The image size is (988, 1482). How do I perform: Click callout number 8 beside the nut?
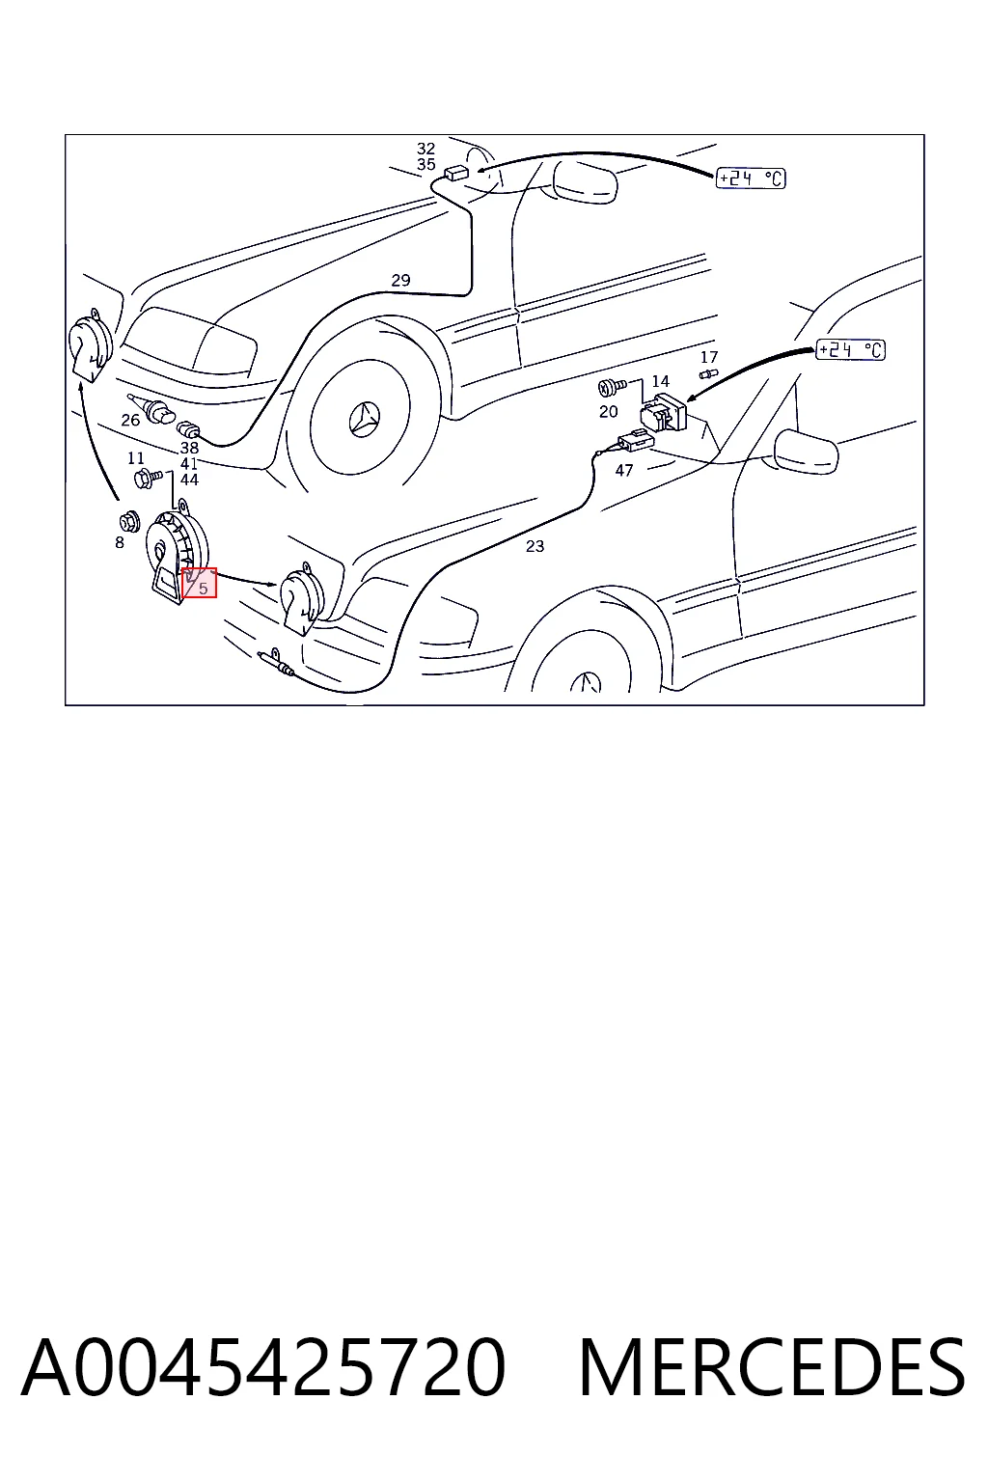point(119,543)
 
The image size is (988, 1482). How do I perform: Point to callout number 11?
point(136,458)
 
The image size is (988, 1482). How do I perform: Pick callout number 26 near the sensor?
point(130,420)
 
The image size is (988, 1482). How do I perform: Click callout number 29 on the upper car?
point(400,280)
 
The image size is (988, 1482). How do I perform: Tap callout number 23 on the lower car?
point(535,546)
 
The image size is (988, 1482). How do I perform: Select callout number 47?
point(624,471)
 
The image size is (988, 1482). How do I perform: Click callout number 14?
point(660,381)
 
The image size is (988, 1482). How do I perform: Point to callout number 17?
point(709,357)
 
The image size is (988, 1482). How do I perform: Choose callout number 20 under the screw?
point(608,412)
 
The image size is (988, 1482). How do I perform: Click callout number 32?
point(426,149)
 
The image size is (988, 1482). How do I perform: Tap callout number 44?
point(189,480)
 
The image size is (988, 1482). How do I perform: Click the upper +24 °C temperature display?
point(751,178)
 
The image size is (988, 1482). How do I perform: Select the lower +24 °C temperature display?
point(850,349)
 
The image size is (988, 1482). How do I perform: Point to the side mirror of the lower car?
point(806,452)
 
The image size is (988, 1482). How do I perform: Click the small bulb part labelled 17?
point(708,375)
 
